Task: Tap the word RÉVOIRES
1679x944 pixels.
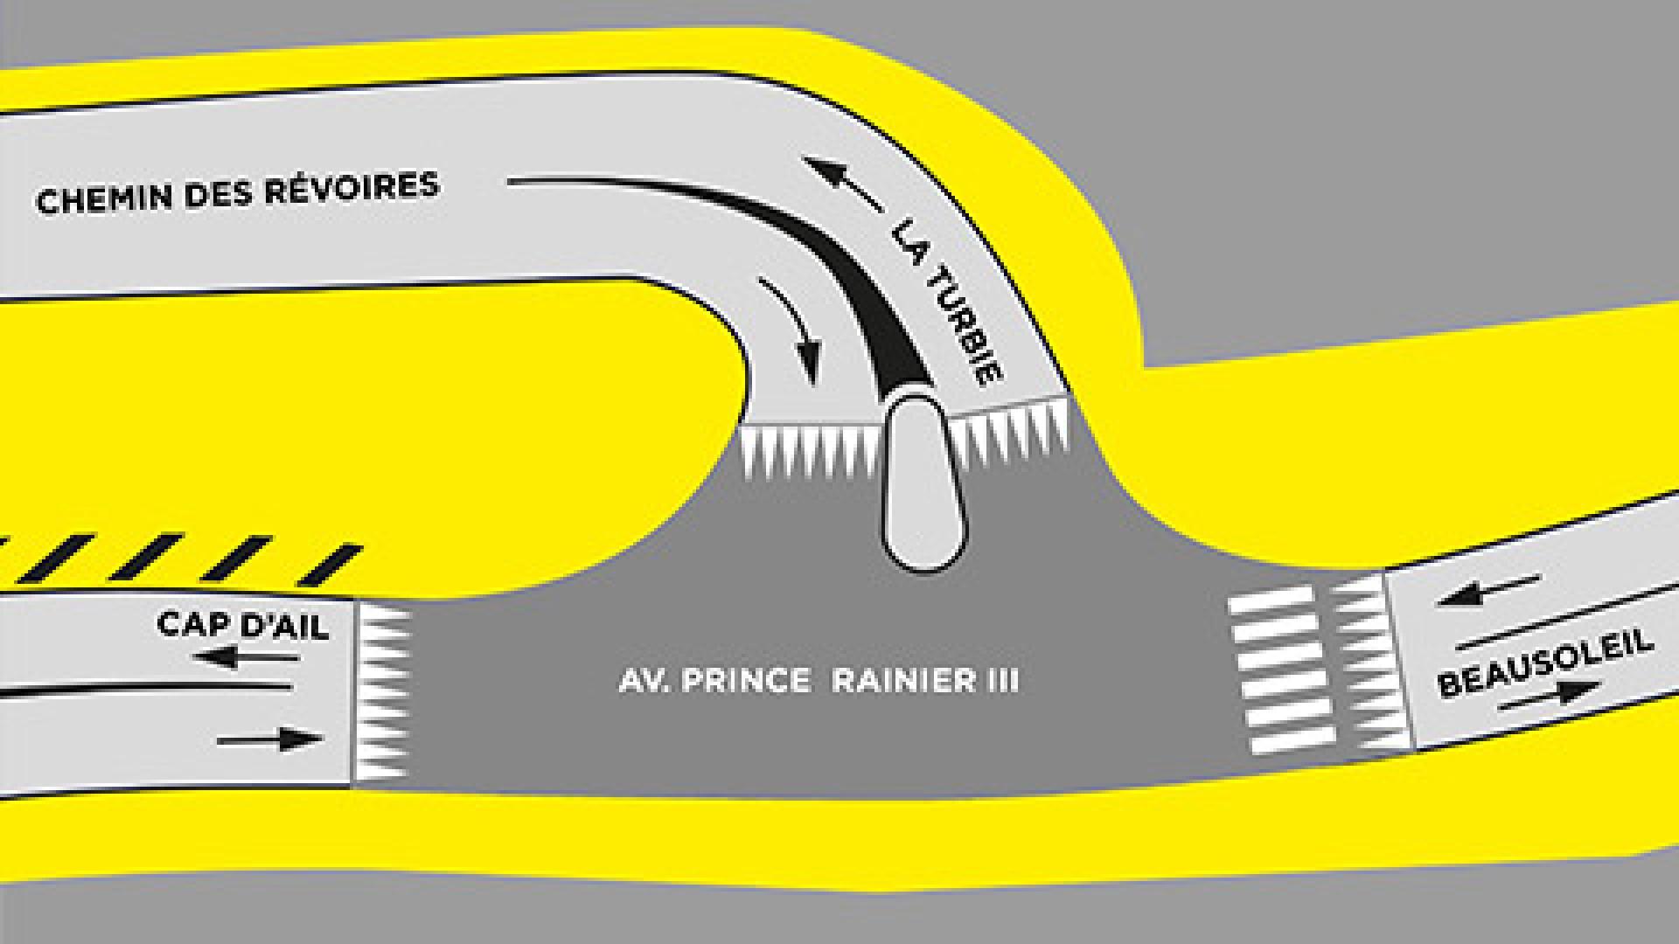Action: tap(352, 187)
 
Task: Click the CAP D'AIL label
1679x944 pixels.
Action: tap(242, 626)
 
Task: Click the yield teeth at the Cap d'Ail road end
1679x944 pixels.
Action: tap(381, 691)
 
